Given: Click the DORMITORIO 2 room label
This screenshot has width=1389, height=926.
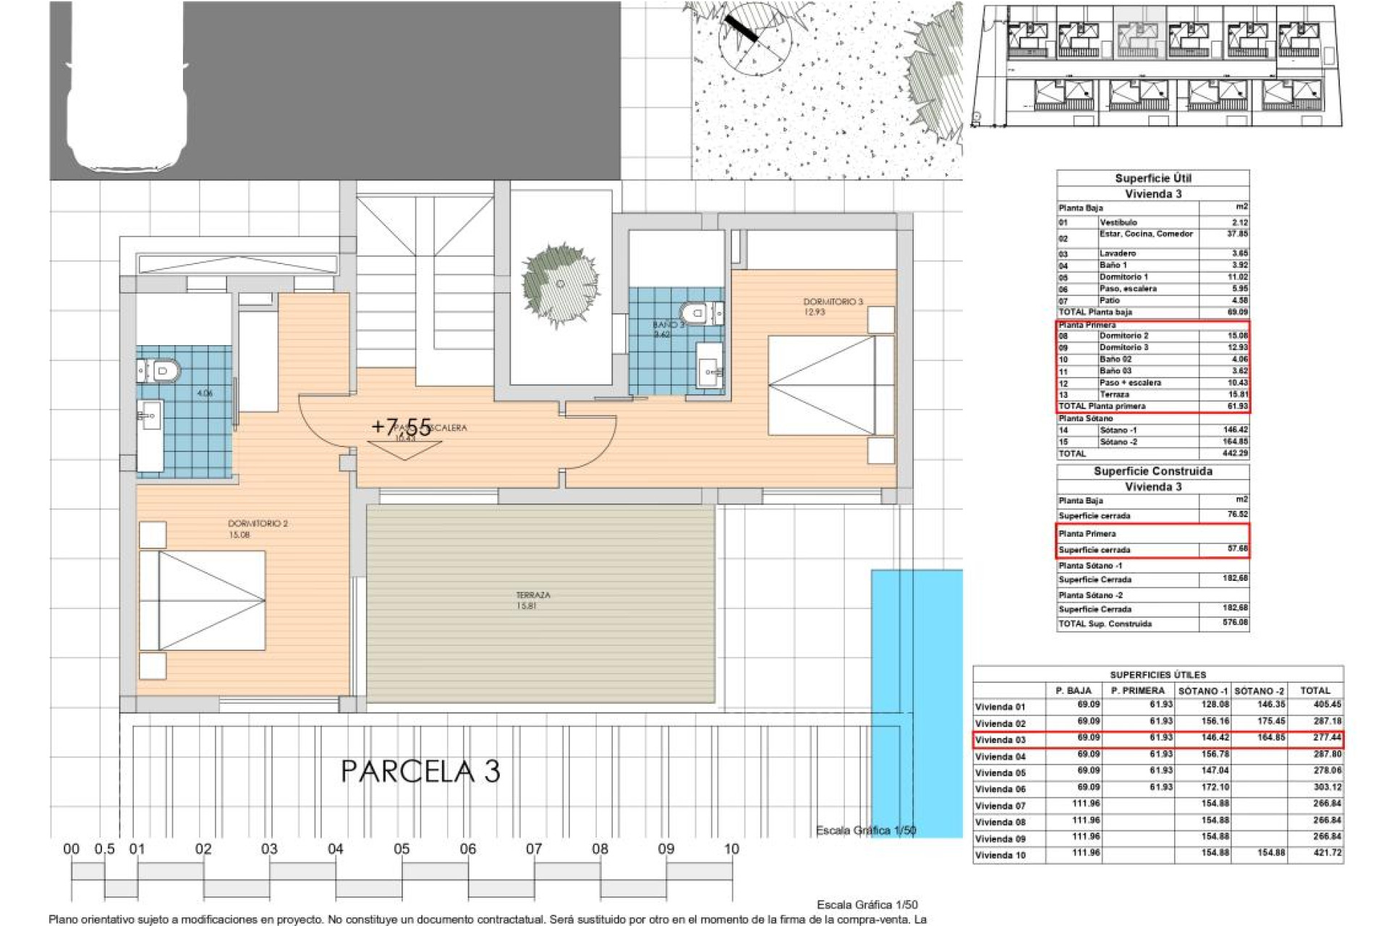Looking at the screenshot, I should point(258,523).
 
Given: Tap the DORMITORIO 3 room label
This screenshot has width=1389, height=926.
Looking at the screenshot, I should point(833,302).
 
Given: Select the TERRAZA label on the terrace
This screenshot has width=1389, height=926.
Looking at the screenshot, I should point(533,595).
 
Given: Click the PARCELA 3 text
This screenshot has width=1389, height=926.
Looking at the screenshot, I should point(420,771).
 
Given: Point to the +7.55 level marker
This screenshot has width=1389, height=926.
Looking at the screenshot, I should point(401,427).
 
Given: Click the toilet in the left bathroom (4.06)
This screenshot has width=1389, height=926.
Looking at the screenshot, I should point(163,371).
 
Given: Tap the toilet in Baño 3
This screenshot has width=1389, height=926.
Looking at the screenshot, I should point(696,313).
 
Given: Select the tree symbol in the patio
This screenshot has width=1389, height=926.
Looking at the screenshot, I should point(560,284).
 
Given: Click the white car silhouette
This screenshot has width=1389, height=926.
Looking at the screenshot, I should point(127,90).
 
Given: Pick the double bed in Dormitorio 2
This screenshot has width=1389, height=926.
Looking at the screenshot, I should point(203,600).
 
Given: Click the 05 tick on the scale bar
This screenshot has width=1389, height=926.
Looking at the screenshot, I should point(402,849).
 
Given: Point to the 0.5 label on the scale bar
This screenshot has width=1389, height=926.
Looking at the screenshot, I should point(104,849).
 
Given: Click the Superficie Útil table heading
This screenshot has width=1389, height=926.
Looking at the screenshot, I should point(1152,178).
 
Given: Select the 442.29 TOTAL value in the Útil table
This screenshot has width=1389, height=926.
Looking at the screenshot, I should point(1235,454).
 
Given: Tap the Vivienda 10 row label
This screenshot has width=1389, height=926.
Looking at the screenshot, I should point(1001,855).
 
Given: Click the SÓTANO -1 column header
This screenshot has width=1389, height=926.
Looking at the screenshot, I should point(1203,691).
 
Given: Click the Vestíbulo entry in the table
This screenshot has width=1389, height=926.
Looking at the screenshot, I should point(1118,222).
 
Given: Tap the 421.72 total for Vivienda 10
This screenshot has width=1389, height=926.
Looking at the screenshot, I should point(1327,853).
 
